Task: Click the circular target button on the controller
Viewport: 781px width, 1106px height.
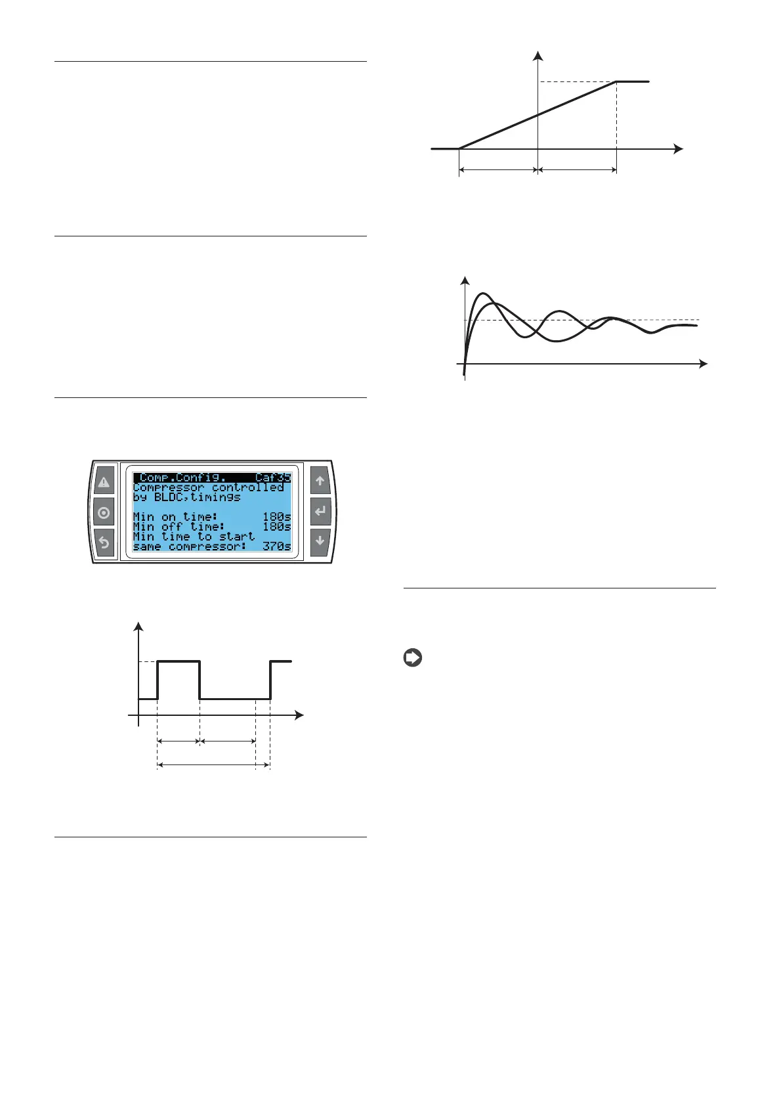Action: point(104,513)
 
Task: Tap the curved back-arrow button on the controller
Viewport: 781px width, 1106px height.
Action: point(104,543)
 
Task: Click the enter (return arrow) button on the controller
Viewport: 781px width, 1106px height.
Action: point(320,511)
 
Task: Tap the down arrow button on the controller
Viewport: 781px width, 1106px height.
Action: point(320,541)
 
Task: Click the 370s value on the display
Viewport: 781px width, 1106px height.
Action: point(276,546)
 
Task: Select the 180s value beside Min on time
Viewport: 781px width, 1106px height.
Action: point(276,517)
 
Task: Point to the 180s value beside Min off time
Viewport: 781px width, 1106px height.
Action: point(276,527)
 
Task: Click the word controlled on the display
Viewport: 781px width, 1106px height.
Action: point(248,487)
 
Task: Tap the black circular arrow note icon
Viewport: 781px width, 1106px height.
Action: point(413,657)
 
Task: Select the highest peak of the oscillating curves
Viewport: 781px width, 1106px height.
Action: point(484,294)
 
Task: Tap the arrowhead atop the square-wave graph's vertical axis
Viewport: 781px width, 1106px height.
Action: point(138,625)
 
